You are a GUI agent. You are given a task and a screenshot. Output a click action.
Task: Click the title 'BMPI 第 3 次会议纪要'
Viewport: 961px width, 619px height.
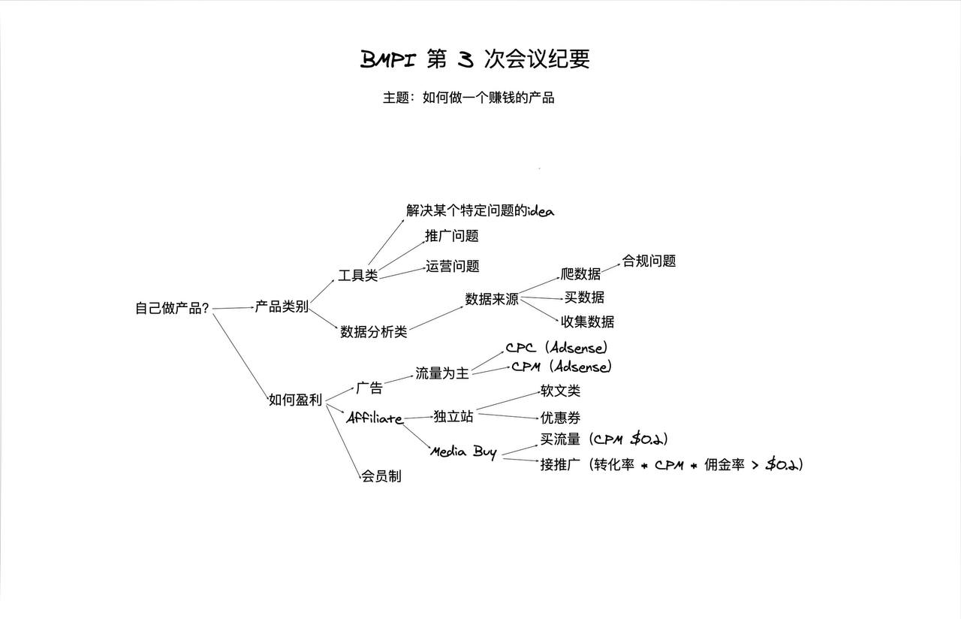[474, 59]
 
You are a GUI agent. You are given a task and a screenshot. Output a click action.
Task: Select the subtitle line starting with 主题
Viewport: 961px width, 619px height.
[468, 98]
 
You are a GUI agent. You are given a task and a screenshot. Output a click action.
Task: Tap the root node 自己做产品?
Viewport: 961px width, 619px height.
[172, 308]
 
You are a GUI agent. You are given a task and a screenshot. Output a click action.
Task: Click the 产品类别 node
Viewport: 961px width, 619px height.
[282, 306]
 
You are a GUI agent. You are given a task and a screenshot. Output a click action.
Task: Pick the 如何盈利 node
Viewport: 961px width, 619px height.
[295, 400]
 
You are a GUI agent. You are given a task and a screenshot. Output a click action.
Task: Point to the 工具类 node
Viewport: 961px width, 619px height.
[357, 275]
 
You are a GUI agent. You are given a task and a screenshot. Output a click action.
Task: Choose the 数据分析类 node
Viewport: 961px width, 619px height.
[373, 331]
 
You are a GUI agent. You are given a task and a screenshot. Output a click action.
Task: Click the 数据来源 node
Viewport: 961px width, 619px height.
[492, 299]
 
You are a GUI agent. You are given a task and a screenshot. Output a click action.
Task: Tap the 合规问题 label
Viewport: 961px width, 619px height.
[649, 261]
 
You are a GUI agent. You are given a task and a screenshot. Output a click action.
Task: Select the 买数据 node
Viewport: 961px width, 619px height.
[584, 297]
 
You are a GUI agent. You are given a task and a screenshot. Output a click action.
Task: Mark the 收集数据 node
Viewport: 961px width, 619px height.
[587, 322]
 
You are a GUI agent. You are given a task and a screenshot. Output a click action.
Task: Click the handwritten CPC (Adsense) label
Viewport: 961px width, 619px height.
[556, 348]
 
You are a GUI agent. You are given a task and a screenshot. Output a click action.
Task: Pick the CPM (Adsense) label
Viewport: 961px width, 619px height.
[561, 367]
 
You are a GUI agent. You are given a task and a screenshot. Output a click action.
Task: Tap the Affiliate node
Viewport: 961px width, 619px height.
[374, 418]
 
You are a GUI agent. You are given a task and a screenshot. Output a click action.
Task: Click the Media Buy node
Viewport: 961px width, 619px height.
[463, 451]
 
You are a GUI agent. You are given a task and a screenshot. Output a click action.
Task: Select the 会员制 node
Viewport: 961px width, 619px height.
[381, 476]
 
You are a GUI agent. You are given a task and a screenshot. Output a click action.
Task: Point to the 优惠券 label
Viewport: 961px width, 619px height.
[560, 418]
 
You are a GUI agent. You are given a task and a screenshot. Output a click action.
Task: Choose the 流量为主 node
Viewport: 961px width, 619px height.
[442, 373]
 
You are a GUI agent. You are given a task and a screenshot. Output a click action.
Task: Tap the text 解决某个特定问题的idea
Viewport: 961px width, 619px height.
[480, 210]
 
